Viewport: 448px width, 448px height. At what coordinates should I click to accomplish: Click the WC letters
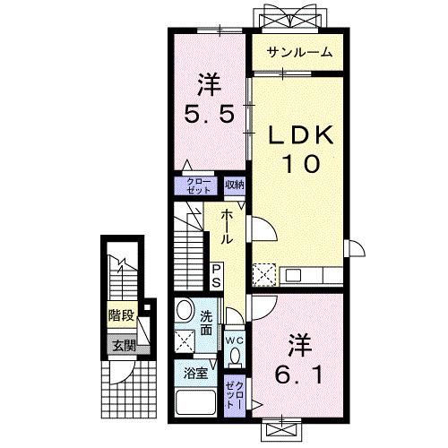coord(235,340)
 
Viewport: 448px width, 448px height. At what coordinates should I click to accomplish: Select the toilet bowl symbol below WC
coord(235,358)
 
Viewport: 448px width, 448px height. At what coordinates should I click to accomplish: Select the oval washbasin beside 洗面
coord(184,311)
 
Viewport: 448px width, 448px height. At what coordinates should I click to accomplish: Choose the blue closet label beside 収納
coord(199,185)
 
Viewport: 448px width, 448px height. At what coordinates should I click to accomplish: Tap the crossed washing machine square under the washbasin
coord(185,340)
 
